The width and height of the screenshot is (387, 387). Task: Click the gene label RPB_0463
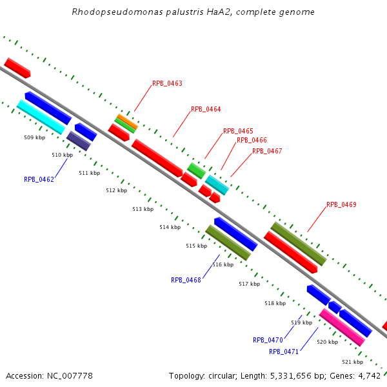coord(167,84)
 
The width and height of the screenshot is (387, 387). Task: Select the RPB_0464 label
coord(206,110)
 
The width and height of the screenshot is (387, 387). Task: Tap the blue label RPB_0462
coord(39,180)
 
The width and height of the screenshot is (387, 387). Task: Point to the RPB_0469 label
coord(341,205)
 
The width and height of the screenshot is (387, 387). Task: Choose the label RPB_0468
coord(186,281)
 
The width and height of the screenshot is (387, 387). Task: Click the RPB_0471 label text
coord(284,352)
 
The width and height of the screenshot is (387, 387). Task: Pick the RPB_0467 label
coord(267,152)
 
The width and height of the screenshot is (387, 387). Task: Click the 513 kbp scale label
coord(143,210)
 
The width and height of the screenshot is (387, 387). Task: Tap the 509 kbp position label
coord(35,138)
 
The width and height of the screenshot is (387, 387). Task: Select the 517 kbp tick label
coord(249,284)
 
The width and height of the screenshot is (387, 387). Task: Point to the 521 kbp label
coord(352,362)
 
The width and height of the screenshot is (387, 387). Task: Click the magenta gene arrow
coord(342,327)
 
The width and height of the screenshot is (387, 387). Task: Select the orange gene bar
coord(126,120)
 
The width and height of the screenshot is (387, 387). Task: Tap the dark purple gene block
coord(79,141)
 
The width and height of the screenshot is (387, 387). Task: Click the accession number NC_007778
coord(69,376)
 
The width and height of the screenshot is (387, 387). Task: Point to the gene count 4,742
coord(368,376)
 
